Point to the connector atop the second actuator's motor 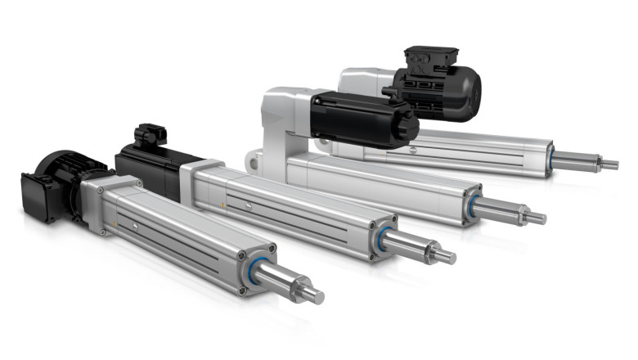[x=150, y=135]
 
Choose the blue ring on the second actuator [x=384, y=238]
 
